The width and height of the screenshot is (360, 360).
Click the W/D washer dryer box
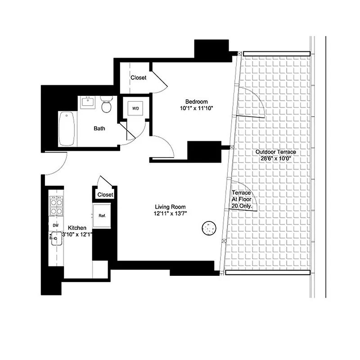135,108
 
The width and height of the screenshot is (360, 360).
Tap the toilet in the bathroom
107,106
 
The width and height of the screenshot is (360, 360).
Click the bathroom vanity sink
88,102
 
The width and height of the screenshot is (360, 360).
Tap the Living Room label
170,207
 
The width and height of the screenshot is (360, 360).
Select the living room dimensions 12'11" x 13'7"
170,214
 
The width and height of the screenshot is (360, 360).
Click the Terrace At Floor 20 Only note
241,199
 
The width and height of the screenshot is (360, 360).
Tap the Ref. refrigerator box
102,216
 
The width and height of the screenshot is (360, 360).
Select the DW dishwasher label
55,225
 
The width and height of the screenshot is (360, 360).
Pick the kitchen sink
56,238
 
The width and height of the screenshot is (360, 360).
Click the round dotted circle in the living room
209,228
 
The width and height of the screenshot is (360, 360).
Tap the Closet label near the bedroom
138,78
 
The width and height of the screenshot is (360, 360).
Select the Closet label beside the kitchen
105,195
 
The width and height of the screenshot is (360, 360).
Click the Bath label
99,129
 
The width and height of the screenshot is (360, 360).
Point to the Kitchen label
77,228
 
